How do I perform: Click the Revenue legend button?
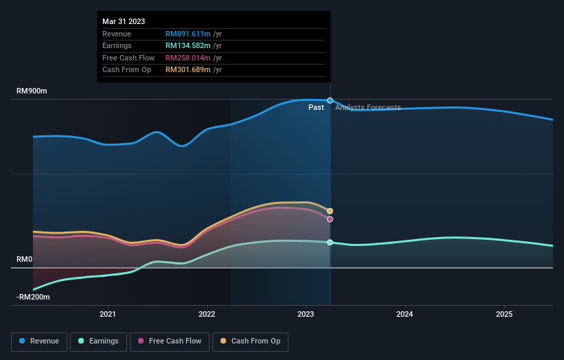point(40,341)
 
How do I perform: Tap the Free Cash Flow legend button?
point(170,341)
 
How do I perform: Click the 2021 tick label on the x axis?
point(108,315)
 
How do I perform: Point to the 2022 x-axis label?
point(207,315)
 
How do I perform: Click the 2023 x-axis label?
point(306,315)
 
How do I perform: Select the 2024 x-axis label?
point(405,315)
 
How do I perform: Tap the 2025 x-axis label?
point(504,315)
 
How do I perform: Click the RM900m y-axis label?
point(32,91)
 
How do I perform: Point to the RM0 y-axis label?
point(24,260)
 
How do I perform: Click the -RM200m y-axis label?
point(34,297)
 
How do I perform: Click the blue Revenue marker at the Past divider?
point(330,100)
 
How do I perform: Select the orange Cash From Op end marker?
point(330,211)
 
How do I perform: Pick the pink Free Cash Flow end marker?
point(330,219)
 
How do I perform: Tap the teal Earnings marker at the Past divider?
point(330,243)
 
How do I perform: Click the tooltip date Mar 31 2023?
point(124,22)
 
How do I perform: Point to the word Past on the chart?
point(316,108)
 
